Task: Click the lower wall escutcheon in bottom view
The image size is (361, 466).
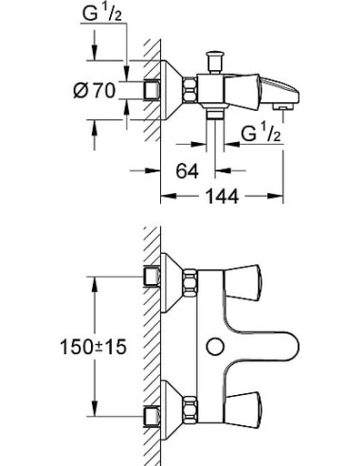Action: pyautogui.click(x=169, y=408)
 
